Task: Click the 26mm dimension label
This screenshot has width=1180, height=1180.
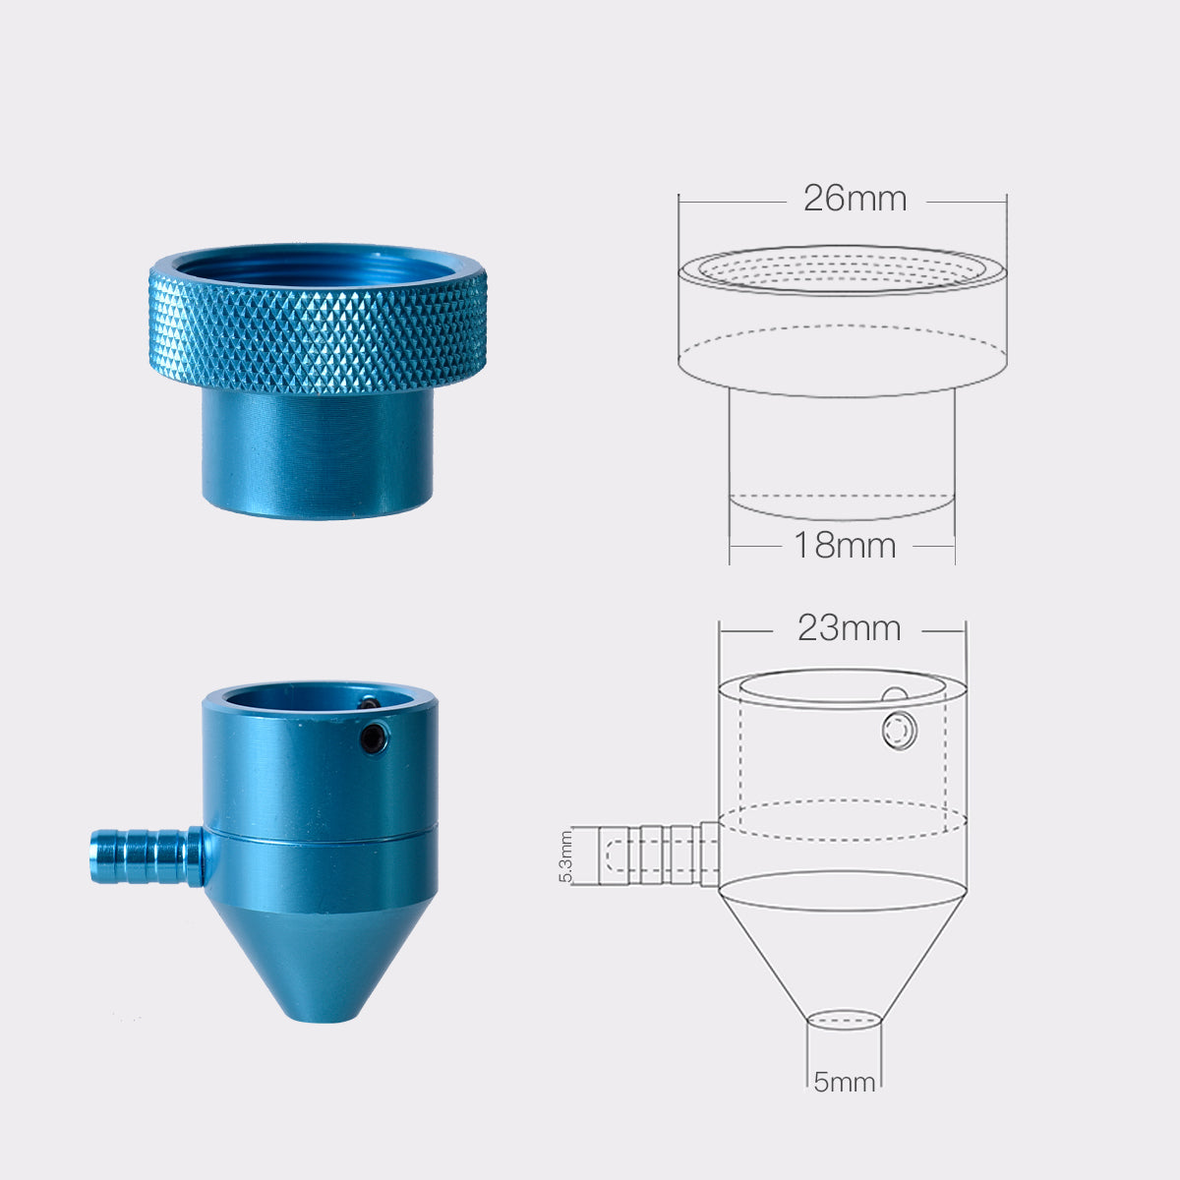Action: (x=855, y=200)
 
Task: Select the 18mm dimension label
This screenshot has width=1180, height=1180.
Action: (x=845, y=545)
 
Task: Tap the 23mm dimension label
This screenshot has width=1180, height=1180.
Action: (x=849, y=628)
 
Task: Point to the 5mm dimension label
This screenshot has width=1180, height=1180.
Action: (x=844, y=1083)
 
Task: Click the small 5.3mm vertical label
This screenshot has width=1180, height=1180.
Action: (x=565, y=857)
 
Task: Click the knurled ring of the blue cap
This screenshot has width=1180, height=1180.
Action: (x=318, y=330)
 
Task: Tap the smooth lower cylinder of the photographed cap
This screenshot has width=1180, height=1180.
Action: (x=318, y=452)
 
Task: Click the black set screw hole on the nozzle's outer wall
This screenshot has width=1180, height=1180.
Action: (x=372, y=739)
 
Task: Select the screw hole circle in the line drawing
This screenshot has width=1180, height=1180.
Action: (x=900, y=732)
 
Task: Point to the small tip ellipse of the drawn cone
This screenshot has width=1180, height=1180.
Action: (x=844, y=1020)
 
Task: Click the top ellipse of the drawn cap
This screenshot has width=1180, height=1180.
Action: (x=842, y=267)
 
